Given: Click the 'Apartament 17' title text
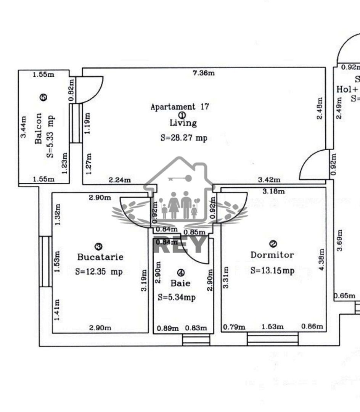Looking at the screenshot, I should pos(180,107).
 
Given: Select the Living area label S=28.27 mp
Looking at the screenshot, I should pos(184,138).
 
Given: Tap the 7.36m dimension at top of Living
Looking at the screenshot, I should pos(204,73).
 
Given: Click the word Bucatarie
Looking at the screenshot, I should pos(100,257).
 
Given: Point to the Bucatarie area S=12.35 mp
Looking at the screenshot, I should pos(99,272).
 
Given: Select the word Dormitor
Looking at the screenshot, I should pos(272,255).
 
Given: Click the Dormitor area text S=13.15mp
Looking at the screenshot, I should pos(272,270).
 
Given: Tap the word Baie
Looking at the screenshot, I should pos(180,283).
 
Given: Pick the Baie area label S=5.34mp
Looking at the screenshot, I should pos(177,297).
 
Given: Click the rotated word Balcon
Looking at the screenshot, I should pos(39,128).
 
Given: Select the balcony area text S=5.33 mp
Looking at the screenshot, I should pos(50,135).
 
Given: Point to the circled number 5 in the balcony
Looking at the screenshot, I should pos(43,98).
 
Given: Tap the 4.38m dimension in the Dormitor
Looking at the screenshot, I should pos(321,259).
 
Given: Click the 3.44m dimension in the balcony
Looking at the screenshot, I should pos(24,127).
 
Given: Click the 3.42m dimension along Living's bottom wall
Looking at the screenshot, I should pos(269,180).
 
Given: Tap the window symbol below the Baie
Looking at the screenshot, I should pos(196,340).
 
